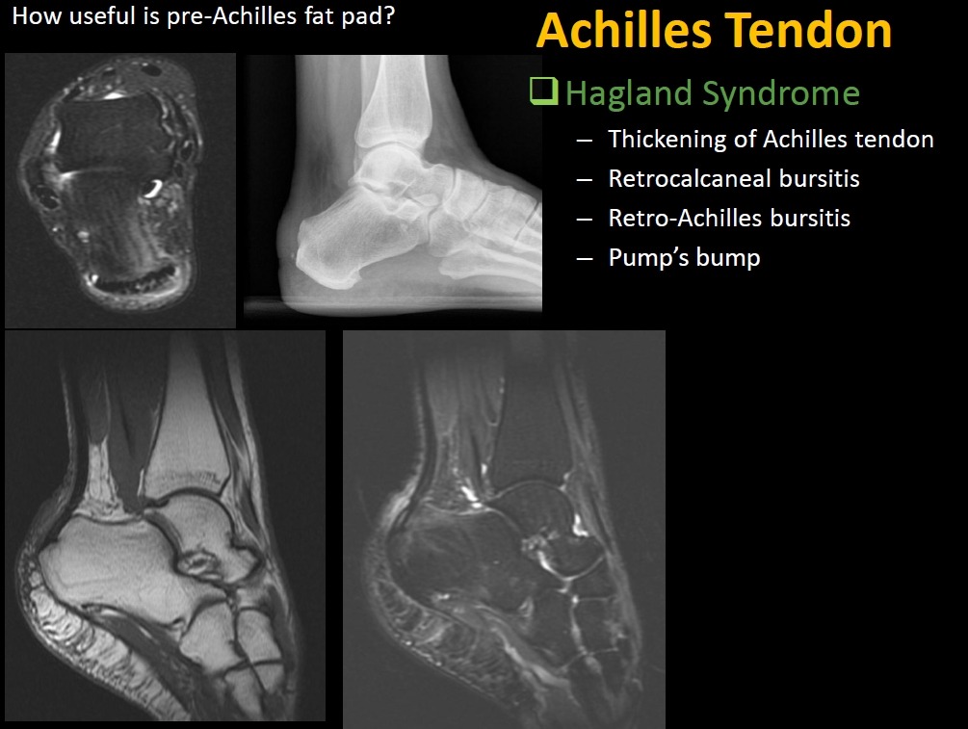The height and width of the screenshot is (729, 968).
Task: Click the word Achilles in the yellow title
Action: coord(624,30)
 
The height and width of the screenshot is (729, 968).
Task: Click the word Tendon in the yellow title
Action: coord(809,30)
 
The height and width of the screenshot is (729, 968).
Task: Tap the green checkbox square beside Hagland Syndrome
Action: coord(543,91)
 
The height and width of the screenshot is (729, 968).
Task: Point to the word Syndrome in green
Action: coord(781,94)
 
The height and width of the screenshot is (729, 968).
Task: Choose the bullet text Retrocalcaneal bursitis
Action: coord(734,178)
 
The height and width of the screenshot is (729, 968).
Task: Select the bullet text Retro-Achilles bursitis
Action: coord(729,218)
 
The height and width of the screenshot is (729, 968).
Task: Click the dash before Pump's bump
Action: coord(584,259)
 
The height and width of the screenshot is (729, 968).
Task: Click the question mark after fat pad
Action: coord(389,15)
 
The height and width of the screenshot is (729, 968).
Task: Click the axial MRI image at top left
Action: coord(120,190)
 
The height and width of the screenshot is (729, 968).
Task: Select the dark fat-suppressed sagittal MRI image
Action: coord(504,529)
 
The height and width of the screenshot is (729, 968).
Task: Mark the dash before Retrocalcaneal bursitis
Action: coord(584,180)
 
